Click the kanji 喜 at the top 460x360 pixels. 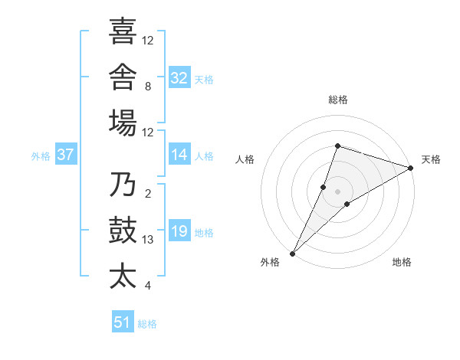click(123, 31)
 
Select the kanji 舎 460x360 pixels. click(123, 77)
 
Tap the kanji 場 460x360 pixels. click(123, 123)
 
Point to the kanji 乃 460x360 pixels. click(123, 184)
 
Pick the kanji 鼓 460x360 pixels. click(123, 230)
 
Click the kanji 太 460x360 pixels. click(123, 277)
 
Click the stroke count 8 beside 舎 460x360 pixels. click(148, 87)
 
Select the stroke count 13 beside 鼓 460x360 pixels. click(147, 240)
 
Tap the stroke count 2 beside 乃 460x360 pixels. click(148, 194)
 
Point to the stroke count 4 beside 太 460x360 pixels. click(148, 286)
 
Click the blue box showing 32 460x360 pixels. click(179, 77)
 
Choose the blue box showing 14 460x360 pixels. click(179, 154)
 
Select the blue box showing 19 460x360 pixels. click(179, 230)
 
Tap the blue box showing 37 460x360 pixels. click(66, 154)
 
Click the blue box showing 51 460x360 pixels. click(123, 321)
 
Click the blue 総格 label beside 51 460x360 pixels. click(147, 324)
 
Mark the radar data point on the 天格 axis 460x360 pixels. click(411, 168)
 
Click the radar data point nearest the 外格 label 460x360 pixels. click(293, 254)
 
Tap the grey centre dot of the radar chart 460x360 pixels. click(337, 191)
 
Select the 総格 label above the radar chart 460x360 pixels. click(338, 100)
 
